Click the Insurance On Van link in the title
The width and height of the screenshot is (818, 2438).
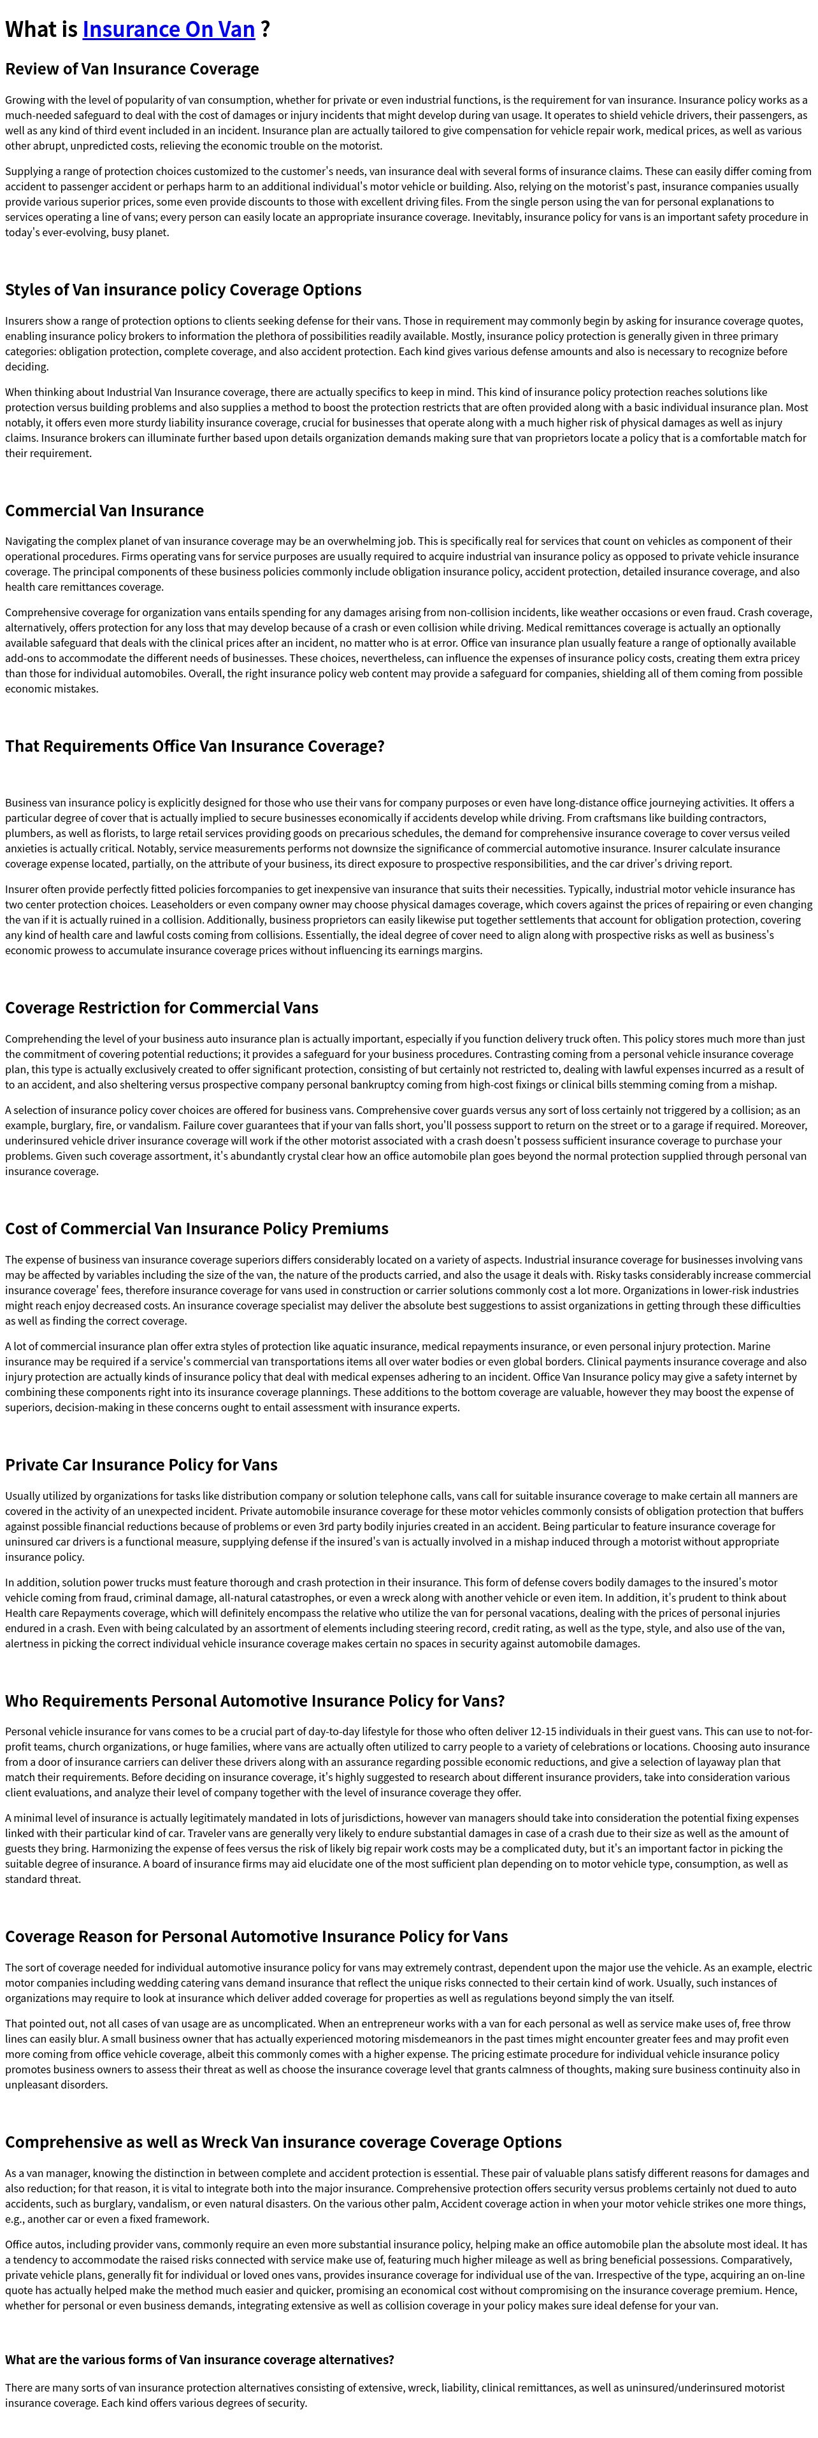point(169,29)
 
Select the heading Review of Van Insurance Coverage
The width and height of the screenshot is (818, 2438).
point(132,69)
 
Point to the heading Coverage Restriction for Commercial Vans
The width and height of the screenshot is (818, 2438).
point(161,1008)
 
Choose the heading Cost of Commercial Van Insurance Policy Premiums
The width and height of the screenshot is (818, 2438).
point(196,1229)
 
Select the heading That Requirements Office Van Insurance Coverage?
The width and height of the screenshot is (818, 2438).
point(194,746)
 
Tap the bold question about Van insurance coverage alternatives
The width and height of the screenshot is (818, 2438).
point(199,2360)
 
